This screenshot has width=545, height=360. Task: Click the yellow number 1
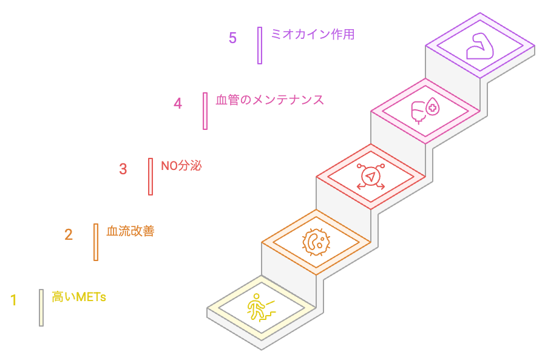[13, 300]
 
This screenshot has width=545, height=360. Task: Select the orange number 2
[69, 234]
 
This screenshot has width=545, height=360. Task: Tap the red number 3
[123, 169]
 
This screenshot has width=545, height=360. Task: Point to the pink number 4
[178, 103]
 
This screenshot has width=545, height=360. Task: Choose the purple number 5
[232, 38]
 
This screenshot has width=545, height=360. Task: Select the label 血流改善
[130, 231]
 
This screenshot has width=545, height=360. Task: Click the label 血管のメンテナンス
[270, 100]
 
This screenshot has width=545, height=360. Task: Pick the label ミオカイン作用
[313, 35]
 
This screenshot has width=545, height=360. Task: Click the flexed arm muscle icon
[479, 46]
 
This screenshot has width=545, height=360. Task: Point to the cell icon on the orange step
[316, 242]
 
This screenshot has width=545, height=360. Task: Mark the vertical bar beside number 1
[41, 308]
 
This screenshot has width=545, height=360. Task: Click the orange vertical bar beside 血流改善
[96, 242]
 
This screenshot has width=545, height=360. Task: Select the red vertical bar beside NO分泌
[151, 177]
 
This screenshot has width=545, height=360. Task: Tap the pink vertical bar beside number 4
[205, 111]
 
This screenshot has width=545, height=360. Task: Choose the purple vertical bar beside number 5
[260, 46]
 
